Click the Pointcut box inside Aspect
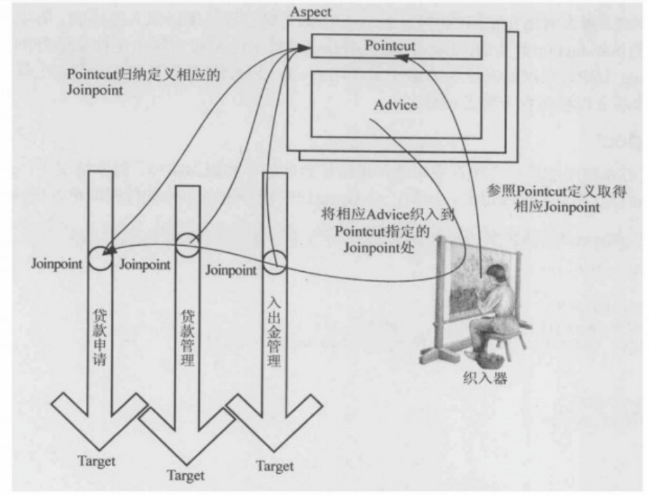coord(394,46)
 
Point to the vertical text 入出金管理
coord(275,331)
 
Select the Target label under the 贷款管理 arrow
coord(186,476)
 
